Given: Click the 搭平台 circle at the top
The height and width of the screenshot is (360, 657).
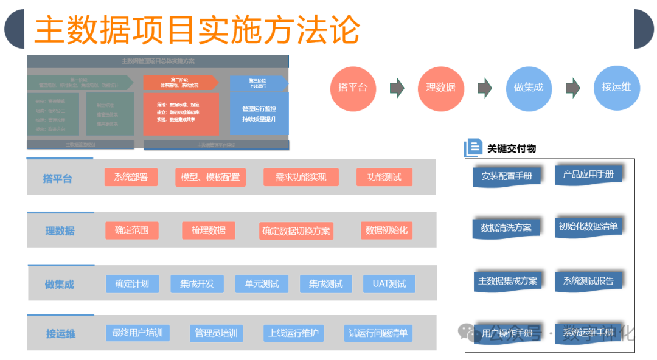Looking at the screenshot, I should [353, 88].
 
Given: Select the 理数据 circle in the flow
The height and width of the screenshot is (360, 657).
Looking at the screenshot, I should [440, 88].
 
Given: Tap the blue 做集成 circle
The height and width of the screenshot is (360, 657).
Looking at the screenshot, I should [528, 88].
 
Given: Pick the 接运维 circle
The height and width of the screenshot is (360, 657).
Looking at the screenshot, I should [616, 88].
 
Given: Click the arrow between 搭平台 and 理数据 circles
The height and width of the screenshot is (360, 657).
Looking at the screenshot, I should [397, 88].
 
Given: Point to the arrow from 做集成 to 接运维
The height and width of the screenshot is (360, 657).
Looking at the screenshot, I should [572, 88].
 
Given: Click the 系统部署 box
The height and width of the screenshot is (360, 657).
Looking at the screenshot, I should [131, 177].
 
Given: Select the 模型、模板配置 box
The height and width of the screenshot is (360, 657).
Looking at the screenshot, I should [210, 177].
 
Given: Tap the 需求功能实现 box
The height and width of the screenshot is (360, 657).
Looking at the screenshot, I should [301, 177].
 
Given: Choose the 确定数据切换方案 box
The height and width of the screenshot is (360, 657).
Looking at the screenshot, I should [296, 231].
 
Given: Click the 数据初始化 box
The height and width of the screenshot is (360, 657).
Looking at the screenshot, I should [386, 230].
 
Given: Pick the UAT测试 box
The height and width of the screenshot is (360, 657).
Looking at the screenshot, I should [389, 284].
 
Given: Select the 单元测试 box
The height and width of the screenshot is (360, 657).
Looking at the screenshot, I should [262, 284].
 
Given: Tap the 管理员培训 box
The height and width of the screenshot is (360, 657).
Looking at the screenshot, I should [216, 333].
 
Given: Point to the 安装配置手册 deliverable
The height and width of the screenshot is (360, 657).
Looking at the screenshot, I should [507, 176].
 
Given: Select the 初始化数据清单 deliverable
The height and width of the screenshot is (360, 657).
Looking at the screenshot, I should [588, 227].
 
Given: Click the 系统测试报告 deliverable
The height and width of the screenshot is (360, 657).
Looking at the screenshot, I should [588, 281].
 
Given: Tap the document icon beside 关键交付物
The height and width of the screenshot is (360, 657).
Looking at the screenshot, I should [473, 148].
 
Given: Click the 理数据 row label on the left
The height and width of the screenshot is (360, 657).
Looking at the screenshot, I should [60, 231].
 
